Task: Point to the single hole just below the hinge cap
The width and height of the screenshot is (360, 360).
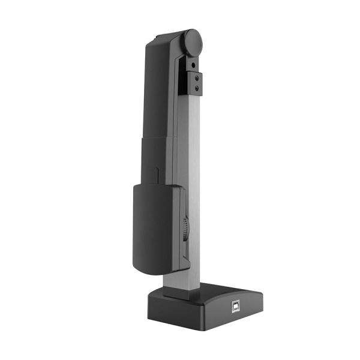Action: [194, 62]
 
